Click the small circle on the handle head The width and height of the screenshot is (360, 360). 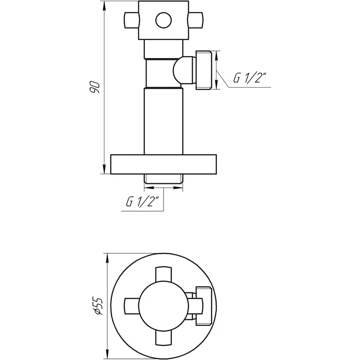coord(163,20)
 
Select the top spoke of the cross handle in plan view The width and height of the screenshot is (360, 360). coord(163,275)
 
